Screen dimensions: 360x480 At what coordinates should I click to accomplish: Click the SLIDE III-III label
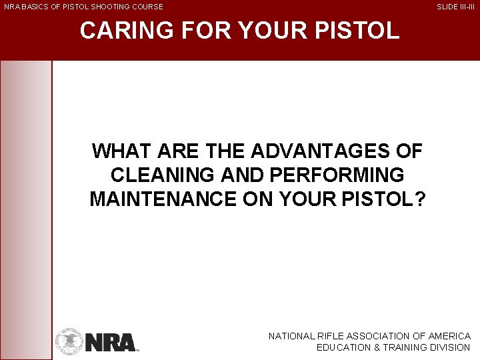tap(455, 7)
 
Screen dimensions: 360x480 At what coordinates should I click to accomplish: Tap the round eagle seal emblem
tap(69, 341)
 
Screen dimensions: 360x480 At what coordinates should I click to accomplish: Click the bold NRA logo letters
tap(110, 342)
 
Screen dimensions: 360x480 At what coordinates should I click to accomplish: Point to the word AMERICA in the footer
tap(450, 337)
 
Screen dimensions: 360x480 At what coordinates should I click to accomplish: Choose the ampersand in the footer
tap(375, 348)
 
